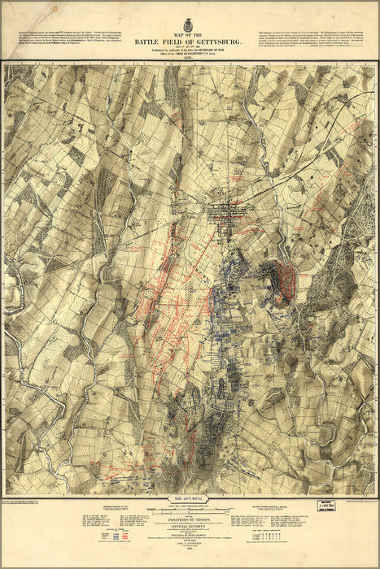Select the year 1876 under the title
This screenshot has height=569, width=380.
[190, 56]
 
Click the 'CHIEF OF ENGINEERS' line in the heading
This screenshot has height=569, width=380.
[190, 50]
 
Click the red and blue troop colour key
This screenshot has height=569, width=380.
[122, 536]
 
